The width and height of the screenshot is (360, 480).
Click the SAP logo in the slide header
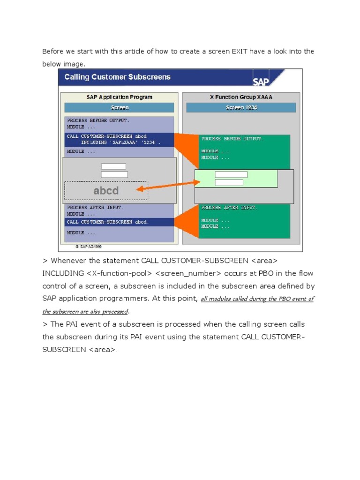[265, 78]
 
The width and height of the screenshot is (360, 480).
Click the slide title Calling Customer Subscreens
[117, 77]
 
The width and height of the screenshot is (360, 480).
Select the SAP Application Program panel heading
[119, 97]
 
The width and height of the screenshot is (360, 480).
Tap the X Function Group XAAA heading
[241, 97]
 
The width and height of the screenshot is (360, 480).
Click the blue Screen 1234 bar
[241, 107]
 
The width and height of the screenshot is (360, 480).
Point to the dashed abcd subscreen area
[106, 191]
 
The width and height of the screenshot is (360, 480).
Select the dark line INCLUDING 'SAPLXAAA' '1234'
[120, 142]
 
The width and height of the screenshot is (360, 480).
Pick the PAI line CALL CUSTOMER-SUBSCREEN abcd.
[108, 222]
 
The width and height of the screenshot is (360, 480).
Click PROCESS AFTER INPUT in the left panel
[95, 207]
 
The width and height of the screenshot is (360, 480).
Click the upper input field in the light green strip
[231, 175]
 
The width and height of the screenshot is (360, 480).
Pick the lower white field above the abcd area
[114, 174]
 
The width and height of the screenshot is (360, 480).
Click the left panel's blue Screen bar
[119, 107]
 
